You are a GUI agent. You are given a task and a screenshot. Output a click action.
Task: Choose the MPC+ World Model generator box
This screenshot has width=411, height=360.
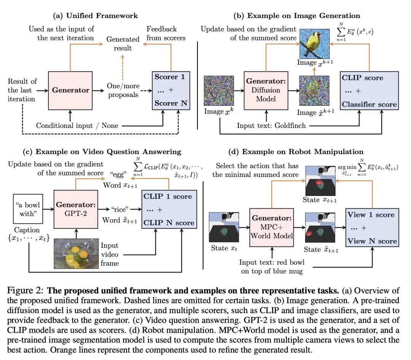click(x=271, y=229)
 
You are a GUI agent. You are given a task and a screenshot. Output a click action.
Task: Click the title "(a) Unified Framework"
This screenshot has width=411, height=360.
click(x=95, y=16)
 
